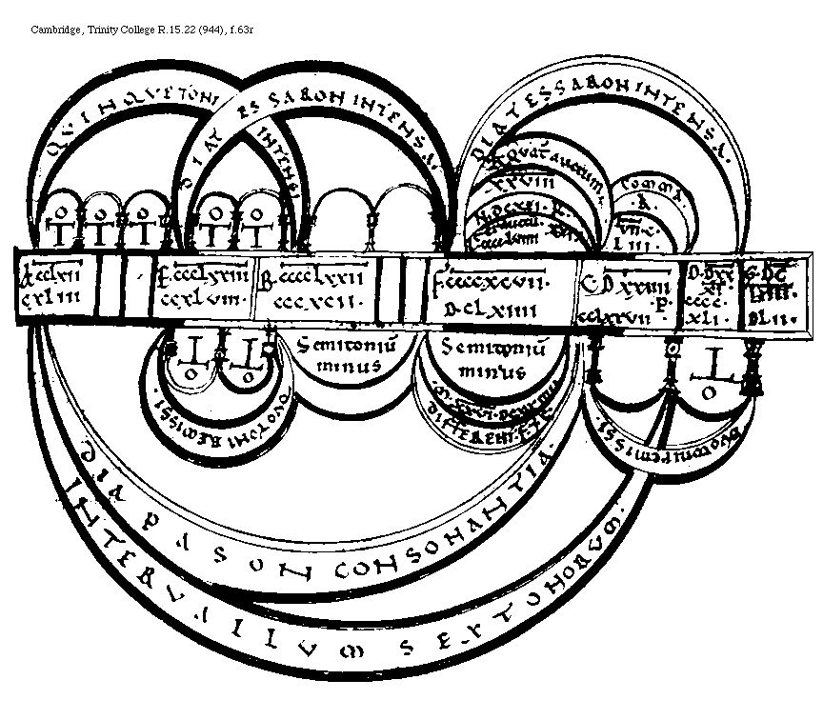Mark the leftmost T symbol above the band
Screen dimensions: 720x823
tap(64, 230)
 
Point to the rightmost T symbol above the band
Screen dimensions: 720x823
tap(256, 230)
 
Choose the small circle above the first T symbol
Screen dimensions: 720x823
tap(63, 208)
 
